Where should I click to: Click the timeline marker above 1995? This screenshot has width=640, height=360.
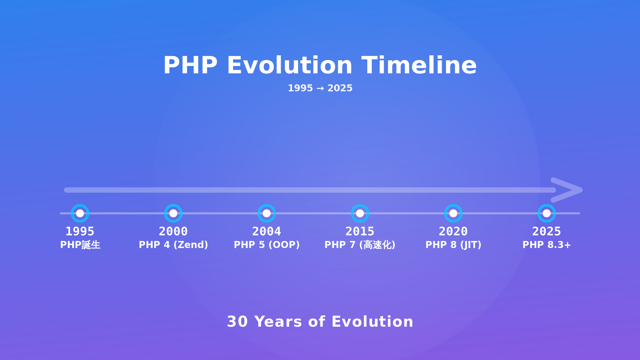[80, 213]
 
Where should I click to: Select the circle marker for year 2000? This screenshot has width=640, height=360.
[173, 213]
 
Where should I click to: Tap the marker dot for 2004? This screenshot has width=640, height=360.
[267, 213]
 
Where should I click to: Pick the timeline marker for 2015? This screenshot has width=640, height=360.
[360, 213]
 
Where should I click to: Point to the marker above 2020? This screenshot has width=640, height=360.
[453, 213]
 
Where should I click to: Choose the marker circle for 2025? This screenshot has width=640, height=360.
[547, 213]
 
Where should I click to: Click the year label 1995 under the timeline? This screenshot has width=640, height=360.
[80, 231]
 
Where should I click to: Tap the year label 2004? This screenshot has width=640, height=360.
[267, 231]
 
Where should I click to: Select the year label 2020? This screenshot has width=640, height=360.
[453, 231]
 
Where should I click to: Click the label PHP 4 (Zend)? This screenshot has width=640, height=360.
[173, 245]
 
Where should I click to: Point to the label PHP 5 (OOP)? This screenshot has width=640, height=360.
[267, 245]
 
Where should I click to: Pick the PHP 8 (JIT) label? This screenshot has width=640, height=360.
[453, 245]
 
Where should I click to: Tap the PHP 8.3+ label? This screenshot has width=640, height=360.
[547, 245]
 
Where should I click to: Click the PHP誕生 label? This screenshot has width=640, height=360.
[80, 245]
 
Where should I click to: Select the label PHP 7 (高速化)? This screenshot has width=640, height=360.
[360, 245]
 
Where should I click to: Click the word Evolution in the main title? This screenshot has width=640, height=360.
[289, 65]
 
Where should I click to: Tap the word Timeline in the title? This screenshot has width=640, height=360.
[419, 65]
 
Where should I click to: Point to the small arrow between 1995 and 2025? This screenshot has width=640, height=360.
[320, 88]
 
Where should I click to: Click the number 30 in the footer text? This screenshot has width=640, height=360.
[237, 322]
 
